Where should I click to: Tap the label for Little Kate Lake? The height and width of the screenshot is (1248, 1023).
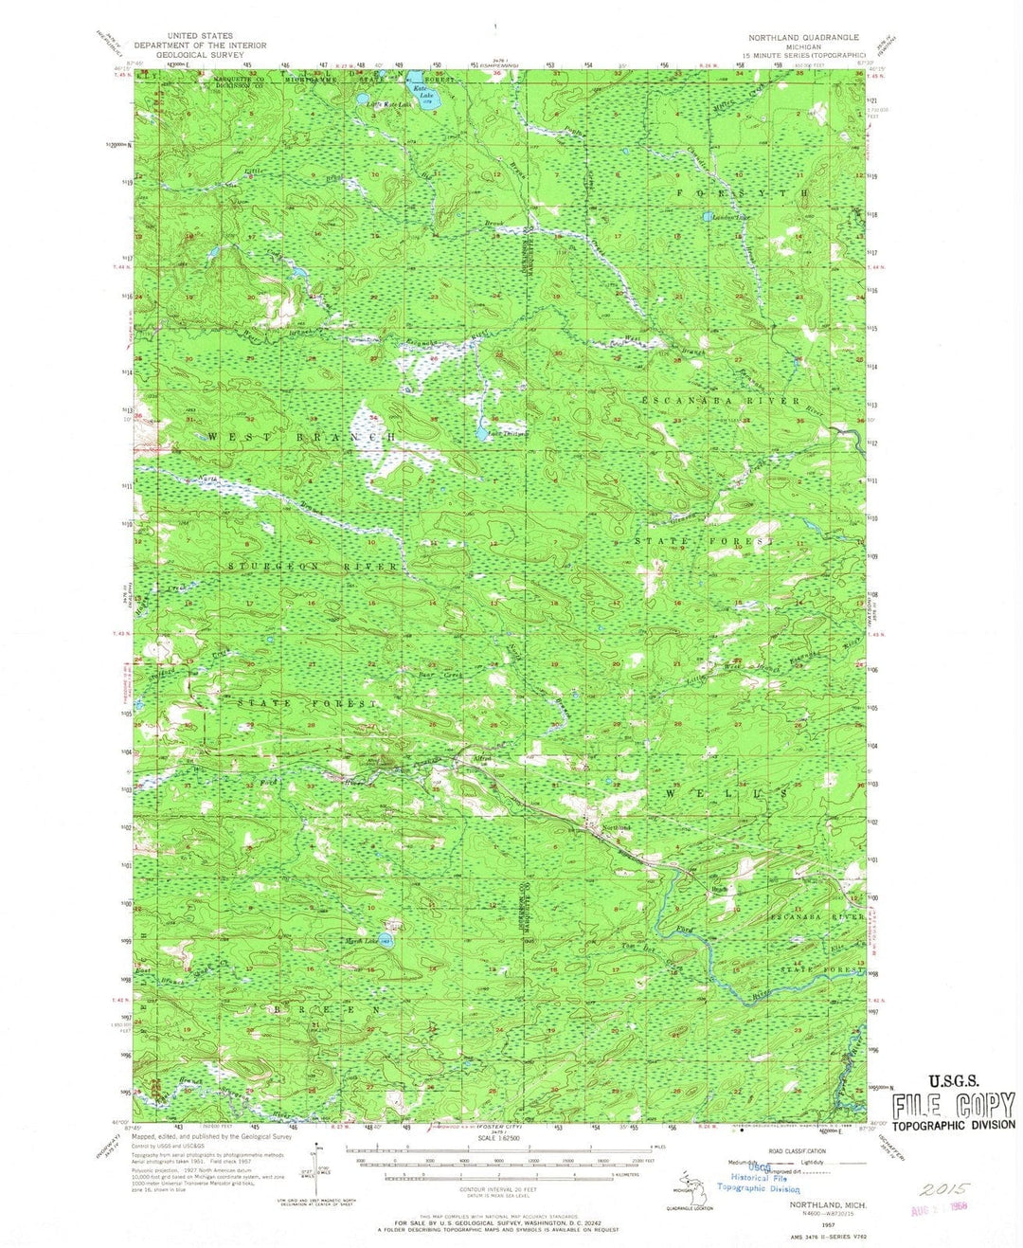pos(389,104)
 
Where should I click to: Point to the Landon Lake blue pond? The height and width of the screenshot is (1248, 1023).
pos(710,216)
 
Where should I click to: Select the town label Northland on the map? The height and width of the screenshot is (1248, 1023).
pos(617,829)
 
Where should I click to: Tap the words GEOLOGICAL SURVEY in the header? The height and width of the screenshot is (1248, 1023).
pos(201,54)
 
